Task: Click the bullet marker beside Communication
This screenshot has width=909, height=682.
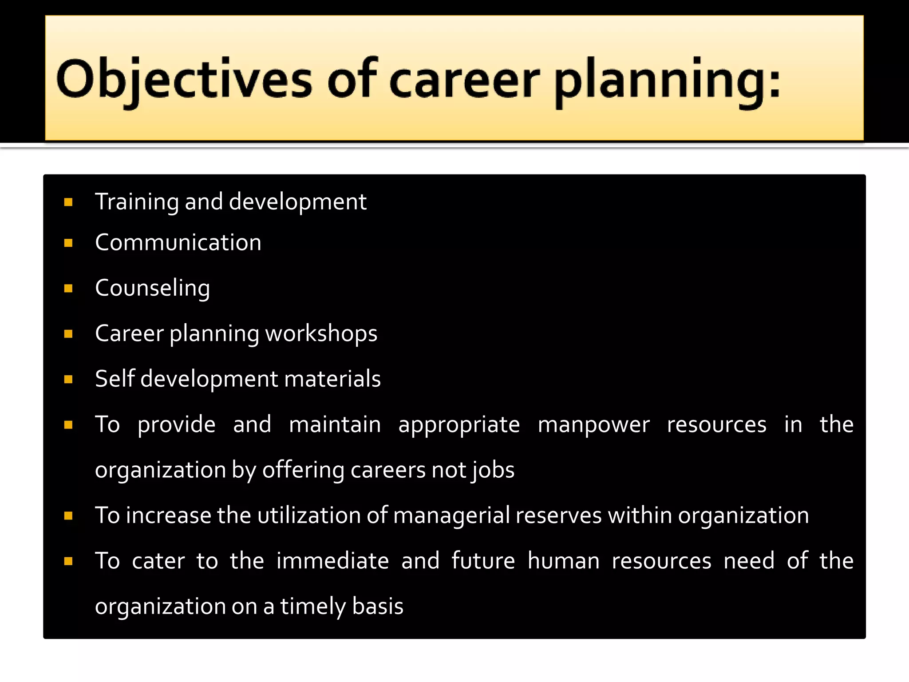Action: tap(68, 243)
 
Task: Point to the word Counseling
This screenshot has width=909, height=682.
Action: tap(152, 288)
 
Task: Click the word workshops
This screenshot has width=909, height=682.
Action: tap(321, 333)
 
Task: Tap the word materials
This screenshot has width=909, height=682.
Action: tap(332, 379)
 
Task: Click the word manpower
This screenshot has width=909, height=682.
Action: tap(593, 424)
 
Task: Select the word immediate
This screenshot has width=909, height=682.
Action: tap(332, 561)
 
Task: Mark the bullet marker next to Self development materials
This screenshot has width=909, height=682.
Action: tap(68, 380)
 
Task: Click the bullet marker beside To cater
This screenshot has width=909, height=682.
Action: tap(68, 562)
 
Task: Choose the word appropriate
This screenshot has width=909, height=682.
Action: tap(458, 425)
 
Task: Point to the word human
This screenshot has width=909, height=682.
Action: tap(563, 561)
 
